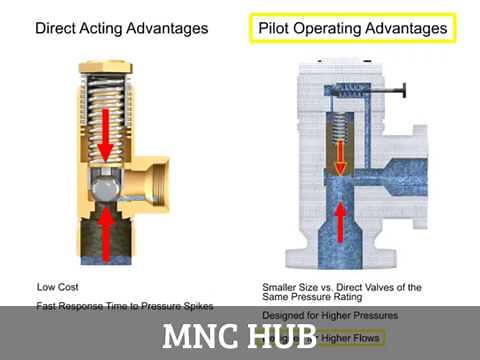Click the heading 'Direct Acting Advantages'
click(x=122, y=28)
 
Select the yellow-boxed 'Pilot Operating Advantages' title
click(x=351, y=28)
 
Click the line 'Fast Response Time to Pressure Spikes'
click(x=125, y=305)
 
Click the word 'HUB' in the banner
click(x=281, y=336)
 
